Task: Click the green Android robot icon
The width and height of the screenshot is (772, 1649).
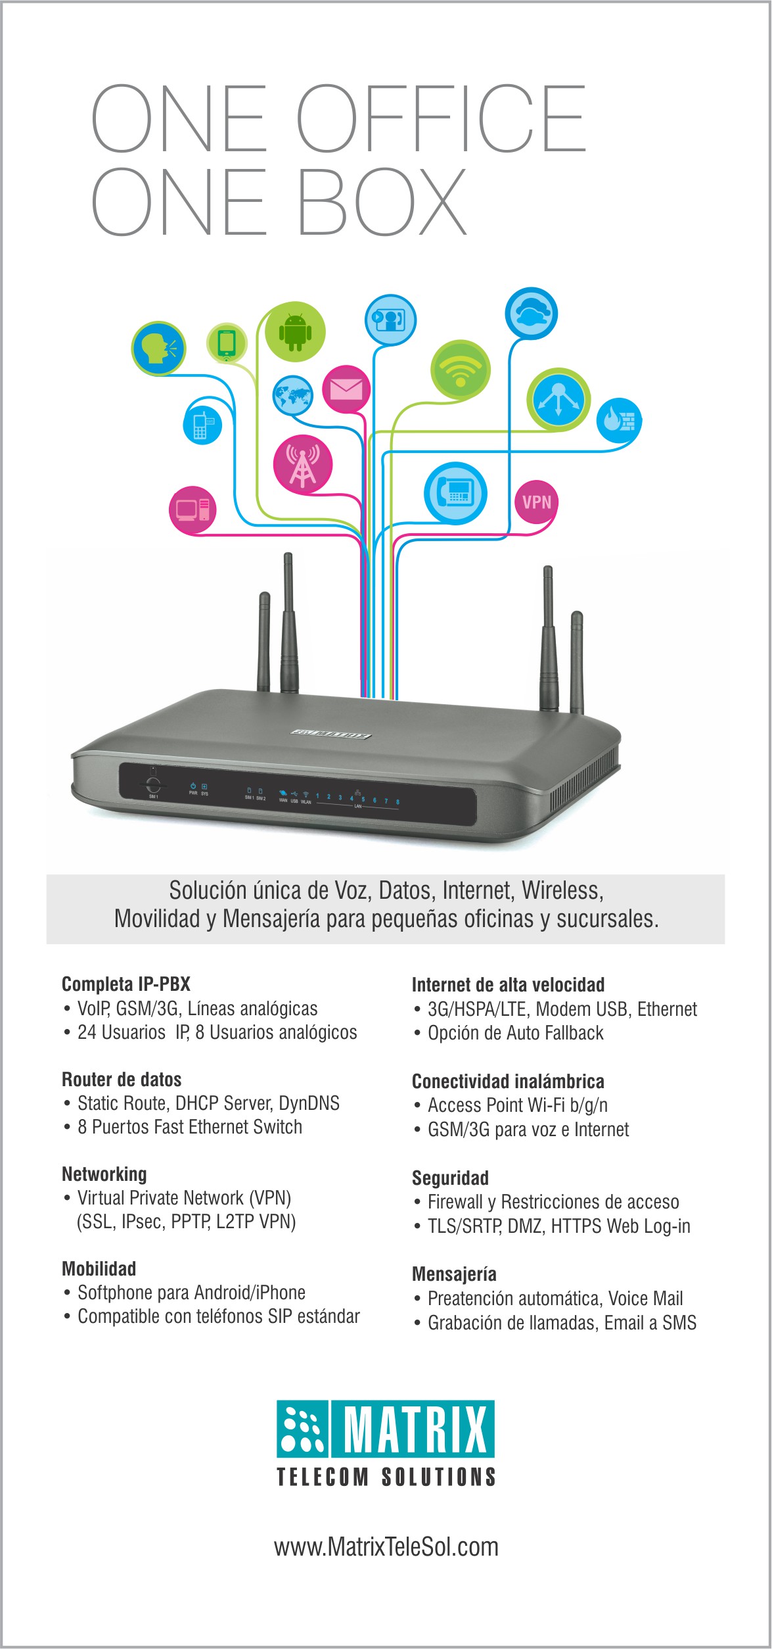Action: [x=295, y=332]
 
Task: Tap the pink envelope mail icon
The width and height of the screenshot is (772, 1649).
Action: [x=346, y=389]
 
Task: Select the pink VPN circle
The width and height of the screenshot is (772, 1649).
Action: [x=536, y=502]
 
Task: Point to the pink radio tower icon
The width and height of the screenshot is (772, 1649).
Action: [x=302, y=464]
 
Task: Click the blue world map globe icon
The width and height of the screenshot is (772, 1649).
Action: [x=292, y=396]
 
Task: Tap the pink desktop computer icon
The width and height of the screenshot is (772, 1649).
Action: [x=193, y=510]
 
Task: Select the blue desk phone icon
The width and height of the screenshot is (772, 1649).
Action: [x=455, y=492]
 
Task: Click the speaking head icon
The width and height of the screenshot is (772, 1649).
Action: [x=159, y=348]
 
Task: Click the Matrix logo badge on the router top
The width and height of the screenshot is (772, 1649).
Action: [x=331, y=733]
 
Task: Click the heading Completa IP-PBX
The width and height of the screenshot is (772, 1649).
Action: [x=126, y=984]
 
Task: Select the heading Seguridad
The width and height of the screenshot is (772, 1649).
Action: [x=450, y=1178]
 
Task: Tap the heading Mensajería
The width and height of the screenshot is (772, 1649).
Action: [x=454, y=1274]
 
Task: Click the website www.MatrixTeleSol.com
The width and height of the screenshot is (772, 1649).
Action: [x=386, y=1547]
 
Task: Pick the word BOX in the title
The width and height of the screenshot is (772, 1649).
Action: [x=382, y=202]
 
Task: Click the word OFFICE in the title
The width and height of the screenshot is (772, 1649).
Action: [x=440, y=118]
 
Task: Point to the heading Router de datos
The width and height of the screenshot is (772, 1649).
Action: [x=122, y=1080]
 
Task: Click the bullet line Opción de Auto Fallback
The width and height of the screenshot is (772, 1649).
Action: [x=515, y=1033]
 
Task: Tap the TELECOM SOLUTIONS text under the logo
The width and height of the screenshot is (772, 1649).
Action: [x=386, y=1477]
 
